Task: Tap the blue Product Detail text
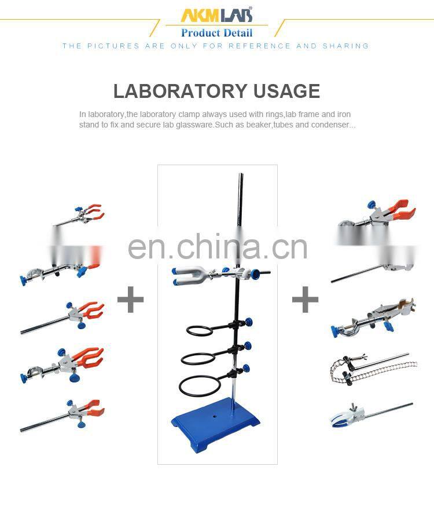tap(216, 32)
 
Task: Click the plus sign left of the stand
tap(130, 300)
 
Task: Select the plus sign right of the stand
tap(305, 300)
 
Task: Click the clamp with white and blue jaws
tap(347, 415)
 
